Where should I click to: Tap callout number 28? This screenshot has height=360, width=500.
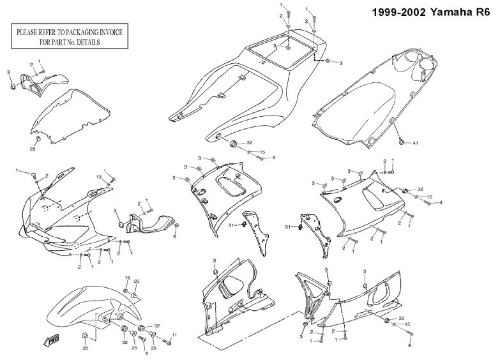33,149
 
